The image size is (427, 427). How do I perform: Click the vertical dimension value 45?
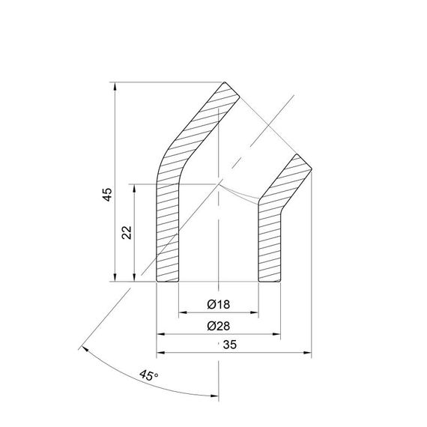(107, 195)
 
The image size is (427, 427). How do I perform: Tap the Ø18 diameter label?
(219, 303)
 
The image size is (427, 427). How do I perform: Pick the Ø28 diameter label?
(219, 326)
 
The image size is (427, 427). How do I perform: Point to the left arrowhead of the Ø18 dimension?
(183, 312)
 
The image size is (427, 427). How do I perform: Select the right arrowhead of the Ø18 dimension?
(255, 312)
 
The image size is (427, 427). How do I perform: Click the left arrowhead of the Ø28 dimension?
(160, 334)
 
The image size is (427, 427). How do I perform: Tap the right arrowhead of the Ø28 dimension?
(277, 334)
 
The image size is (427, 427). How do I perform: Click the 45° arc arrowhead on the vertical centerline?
(213, 396)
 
